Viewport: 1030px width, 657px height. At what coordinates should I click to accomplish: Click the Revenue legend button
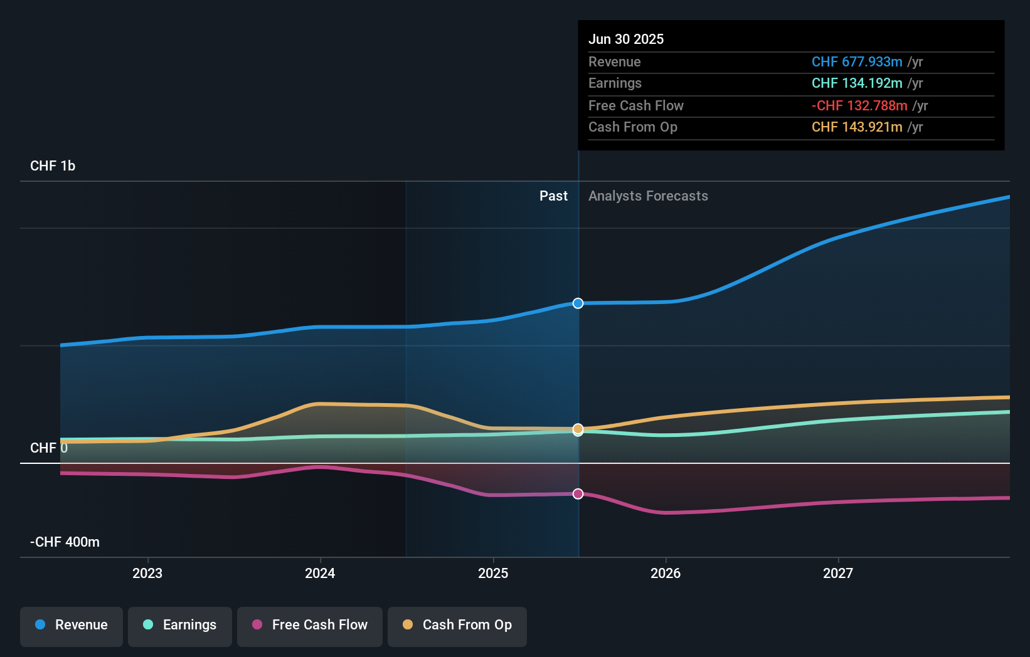pos(72,625)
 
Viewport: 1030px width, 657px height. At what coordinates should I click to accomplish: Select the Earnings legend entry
pos(180,625)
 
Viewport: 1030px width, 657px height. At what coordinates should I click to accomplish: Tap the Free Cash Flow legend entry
pos(310,625)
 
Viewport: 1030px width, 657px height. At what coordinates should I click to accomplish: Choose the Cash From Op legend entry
pos(457,625)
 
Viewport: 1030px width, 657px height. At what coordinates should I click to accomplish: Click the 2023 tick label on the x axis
pos(147,573)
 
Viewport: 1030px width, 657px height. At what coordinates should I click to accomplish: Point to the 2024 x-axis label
pos(320,573)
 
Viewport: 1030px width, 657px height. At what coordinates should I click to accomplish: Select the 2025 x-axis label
pos(493,573)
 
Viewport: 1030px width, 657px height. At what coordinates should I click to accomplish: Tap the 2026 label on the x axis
pos(666,573)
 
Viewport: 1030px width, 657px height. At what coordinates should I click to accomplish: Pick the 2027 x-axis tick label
pos(838,573)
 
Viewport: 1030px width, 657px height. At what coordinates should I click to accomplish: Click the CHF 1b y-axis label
pos(53,166)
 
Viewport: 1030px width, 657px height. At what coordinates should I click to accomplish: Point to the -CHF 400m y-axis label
pos(65,542)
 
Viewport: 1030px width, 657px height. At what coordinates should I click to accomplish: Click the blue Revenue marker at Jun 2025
pos(578,303)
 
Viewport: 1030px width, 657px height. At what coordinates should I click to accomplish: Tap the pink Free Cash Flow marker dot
pos(578,494)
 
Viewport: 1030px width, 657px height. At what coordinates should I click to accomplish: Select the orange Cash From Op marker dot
pos(578,428)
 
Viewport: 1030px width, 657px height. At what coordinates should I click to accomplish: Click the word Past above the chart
pos(553,196)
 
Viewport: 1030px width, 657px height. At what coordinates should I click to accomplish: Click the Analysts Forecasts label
pos(648,196)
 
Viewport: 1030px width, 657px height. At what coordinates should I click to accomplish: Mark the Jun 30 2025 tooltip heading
pos(626,39)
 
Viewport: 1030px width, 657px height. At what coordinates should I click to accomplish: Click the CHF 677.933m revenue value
pos(857,61)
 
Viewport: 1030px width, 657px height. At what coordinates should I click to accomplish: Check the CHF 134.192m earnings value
pos(857,83)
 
